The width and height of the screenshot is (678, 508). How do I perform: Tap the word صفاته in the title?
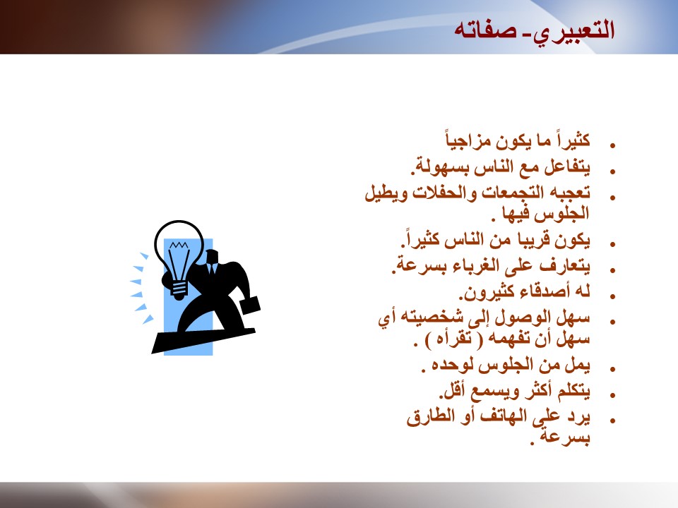pos(484,31)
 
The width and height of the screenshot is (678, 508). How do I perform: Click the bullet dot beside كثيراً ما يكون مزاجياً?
pos(612,146)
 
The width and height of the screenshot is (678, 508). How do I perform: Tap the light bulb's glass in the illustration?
pos(179,250)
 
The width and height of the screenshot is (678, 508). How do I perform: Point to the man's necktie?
pos(212,269)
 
